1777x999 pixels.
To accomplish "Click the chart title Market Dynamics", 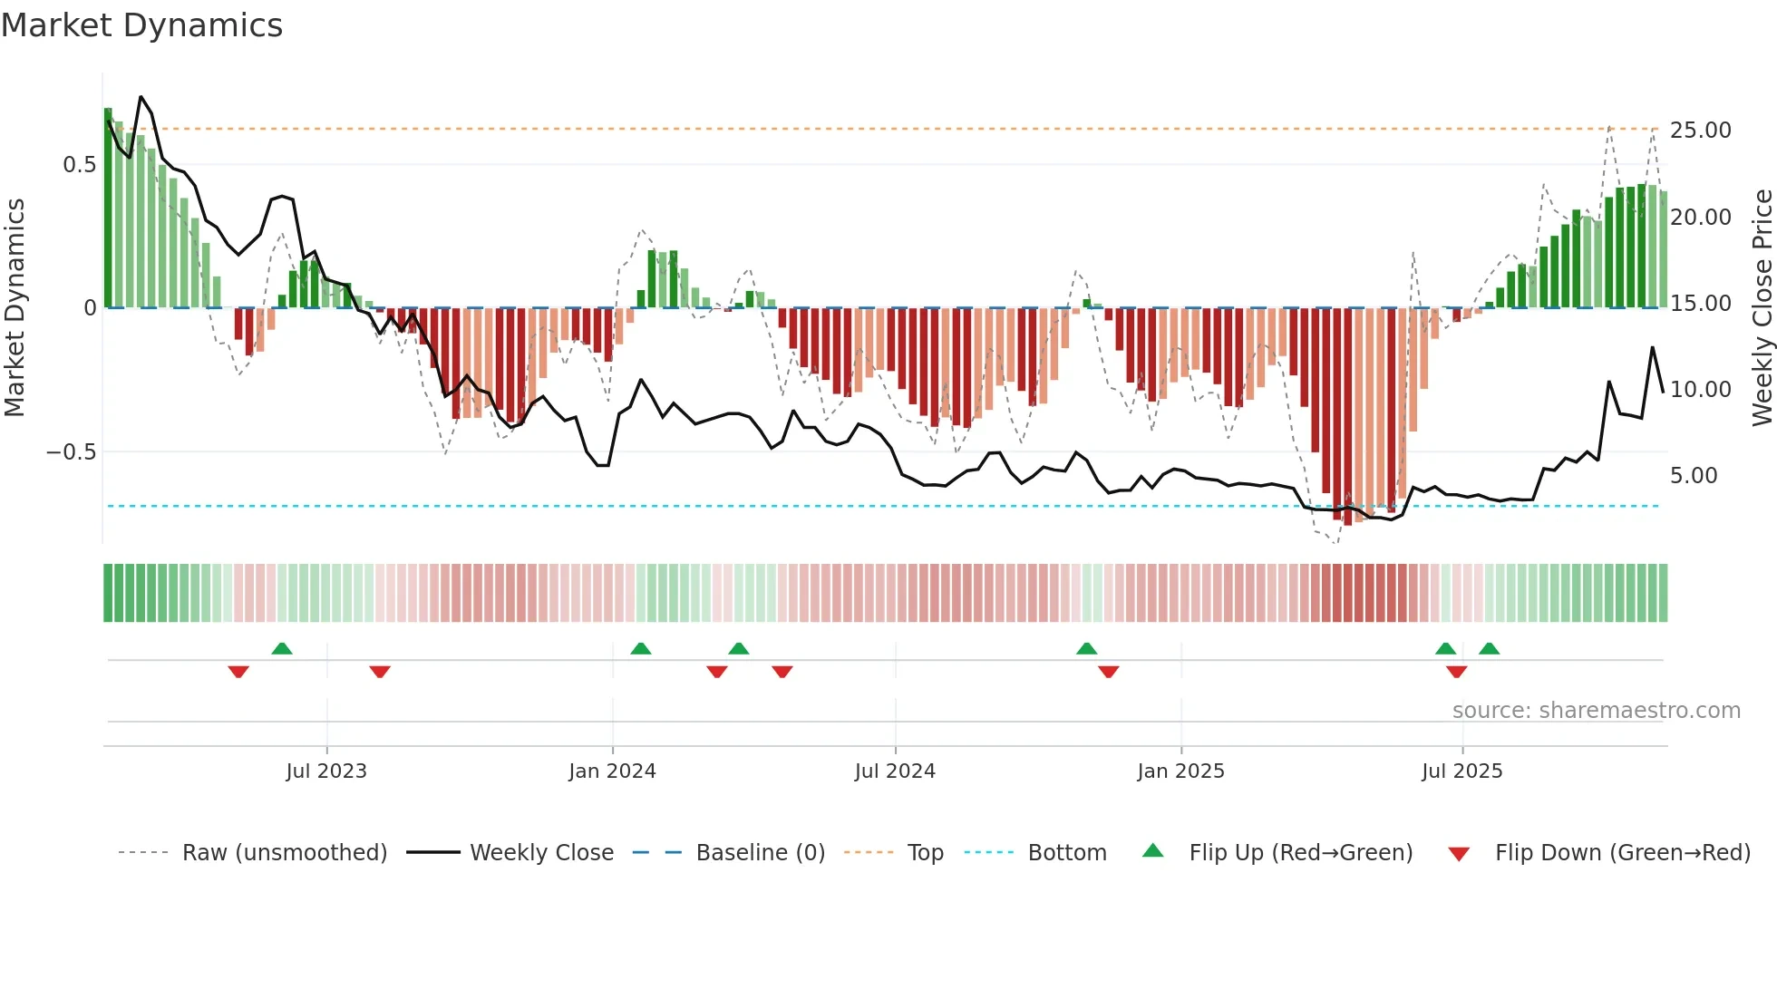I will tap(142, 25).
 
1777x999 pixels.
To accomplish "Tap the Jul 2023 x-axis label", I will tap(326, 771).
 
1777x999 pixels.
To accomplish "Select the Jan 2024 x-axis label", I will tap(612, 771).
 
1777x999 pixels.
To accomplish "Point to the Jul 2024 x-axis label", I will tap(895, 771).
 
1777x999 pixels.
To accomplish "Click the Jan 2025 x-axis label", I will tap(1180, 771).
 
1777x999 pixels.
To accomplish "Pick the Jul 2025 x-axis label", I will tap(1461, 771).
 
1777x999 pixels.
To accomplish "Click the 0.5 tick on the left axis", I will tap(79, 165).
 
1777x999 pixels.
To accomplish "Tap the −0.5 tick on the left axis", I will tap(72, 452).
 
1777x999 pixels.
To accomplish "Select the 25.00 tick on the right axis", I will tap(1700, 131).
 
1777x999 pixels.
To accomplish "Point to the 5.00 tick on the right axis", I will tap(1693, 476).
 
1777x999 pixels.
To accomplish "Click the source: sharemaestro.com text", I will tap(1596, 711).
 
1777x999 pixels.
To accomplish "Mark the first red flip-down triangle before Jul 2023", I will tap(238, 672).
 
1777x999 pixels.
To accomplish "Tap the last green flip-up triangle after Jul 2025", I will tap(1489, 648).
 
